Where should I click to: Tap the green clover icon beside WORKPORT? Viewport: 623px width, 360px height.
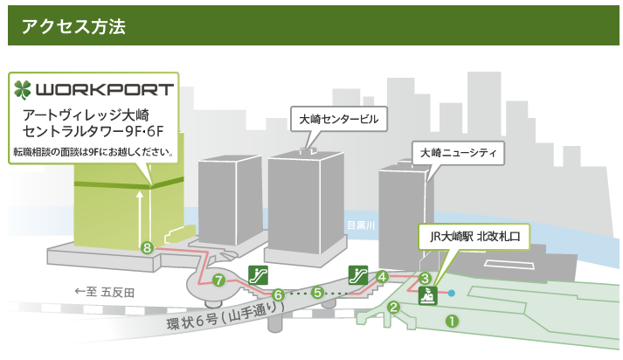tap(23, 90)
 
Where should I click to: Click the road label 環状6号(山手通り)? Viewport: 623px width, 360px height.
tap(225, 318)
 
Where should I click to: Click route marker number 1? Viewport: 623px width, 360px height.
tap(452, 321)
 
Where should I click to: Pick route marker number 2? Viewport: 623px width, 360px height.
tap(394, 307)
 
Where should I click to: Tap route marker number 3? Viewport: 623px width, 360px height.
tap(426, 279)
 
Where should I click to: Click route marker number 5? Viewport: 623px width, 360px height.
tap(318, 293)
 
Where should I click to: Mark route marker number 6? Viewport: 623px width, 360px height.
tap(278, 295)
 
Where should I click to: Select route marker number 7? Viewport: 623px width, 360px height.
tap(218, 280)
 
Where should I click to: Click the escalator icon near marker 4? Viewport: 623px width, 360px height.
tap(356, 273)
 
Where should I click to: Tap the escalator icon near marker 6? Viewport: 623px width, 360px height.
tap(257, 273)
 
